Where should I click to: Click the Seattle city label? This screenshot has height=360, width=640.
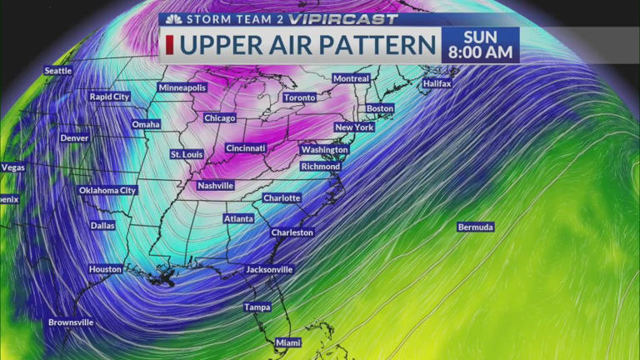point(57,71)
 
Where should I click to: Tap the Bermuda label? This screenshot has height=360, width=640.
point(476,227)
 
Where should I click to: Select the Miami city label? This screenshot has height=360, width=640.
point(288,342)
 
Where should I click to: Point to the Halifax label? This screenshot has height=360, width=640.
point(437,84)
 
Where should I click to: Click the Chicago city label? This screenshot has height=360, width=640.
point(219,118)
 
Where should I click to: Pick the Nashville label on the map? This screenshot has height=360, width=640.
point(215,186)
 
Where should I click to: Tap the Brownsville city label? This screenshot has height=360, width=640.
point(71,322)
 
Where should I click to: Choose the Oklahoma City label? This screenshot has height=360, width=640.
point(107,191)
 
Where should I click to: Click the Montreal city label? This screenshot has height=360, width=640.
point(351,78)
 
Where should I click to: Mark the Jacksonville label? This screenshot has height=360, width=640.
point(269,270)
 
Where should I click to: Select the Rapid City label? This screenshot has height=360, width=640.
point(110,97)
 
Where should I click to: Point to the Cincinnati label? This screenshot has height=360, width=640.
point(246,148)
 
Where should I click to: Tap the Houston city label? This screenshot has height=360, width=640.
point(105,269)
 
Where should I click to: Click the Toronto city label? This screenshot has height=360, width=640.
point(299,97)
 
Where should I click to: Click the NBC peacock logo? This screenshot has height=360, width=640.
point(173,19)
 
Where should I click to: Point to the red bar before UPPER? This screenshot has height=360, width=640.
point(170,45)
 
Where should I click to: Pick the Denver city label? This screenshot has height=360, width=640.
point(74,137)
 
